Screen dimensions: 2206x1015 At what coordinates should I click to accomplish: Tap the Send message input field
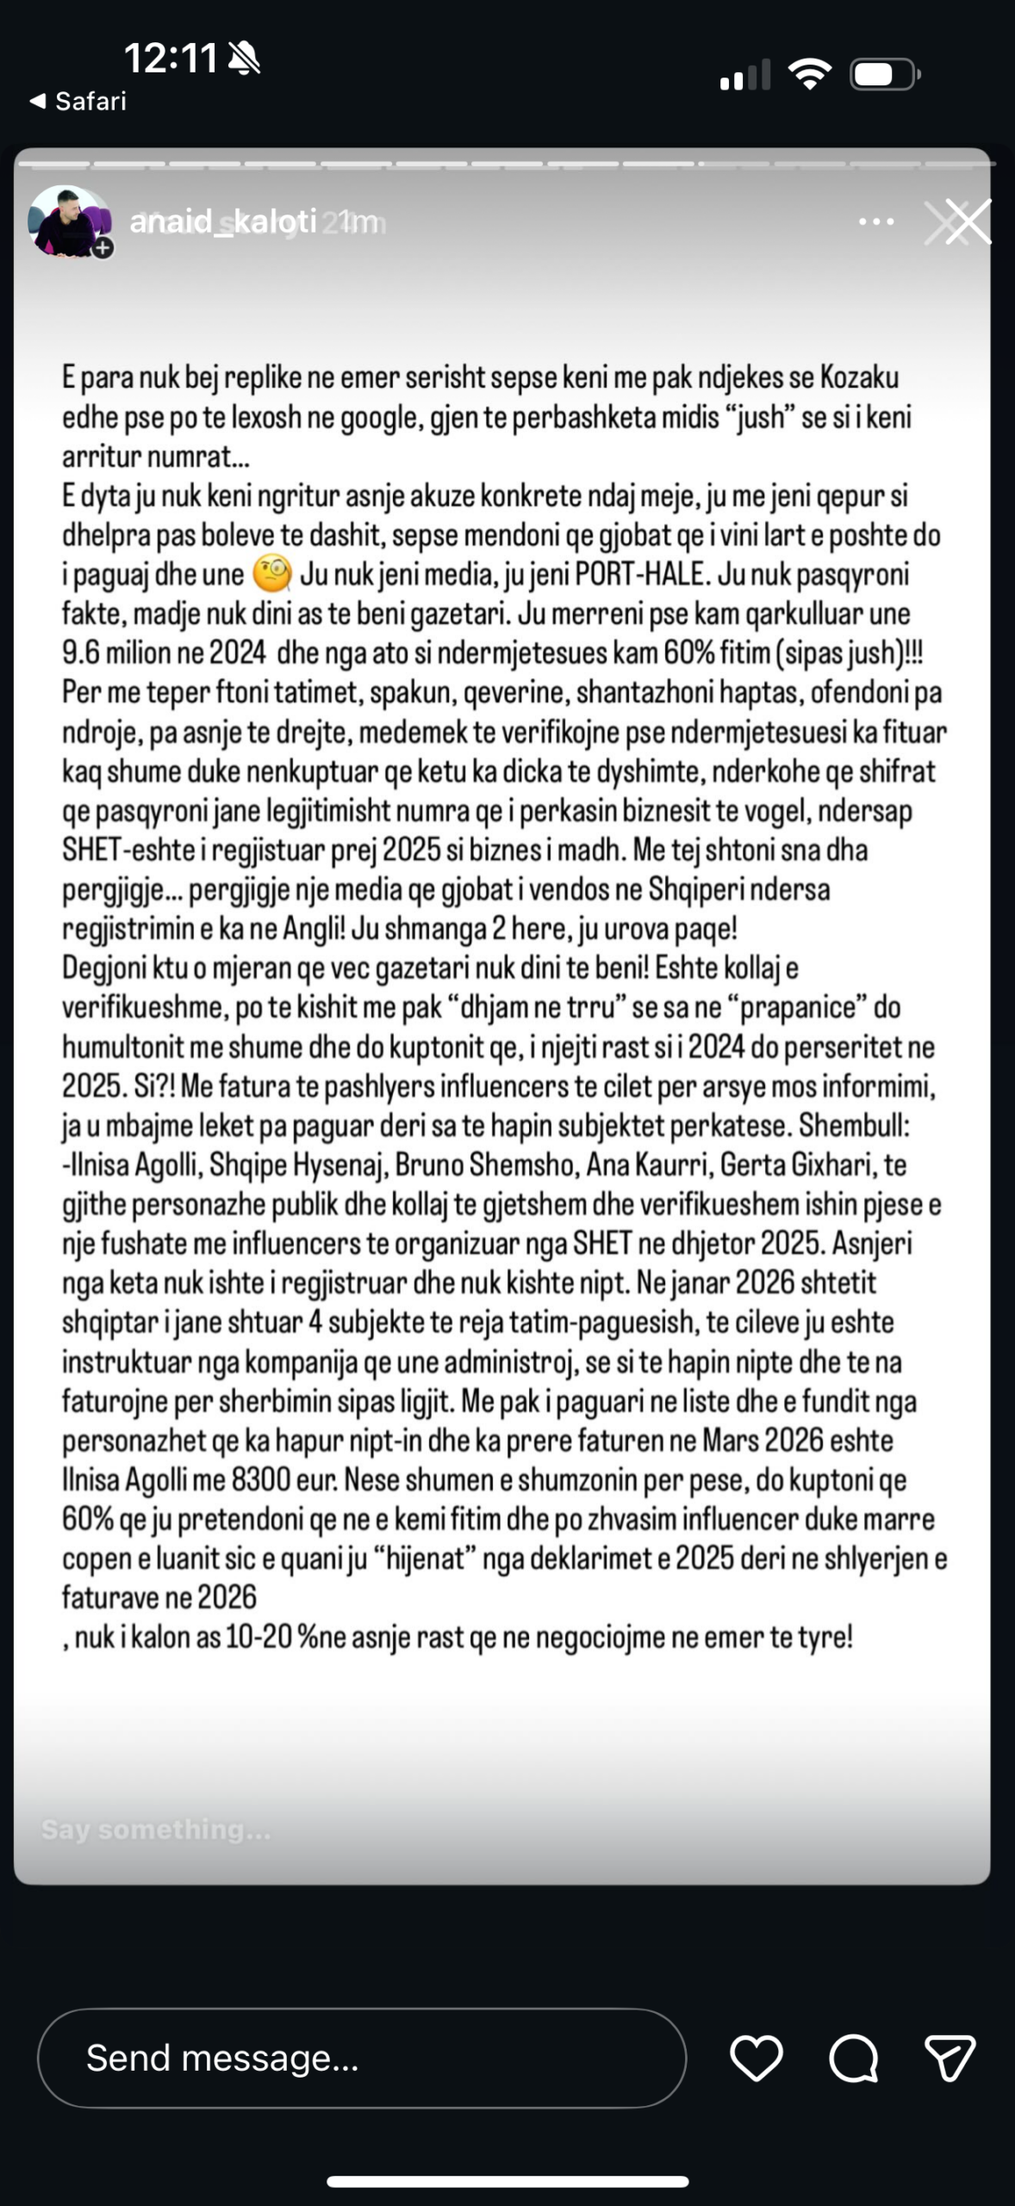(x=362, y=2058)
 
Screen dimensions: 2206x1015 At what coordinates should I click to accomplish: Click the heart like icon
(x=756, y=2058)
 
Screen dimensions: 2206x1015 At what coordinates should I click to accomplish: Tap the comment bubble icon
(x=853, y=2058)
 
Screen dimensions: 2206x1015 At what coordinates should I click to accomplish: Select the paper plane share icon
(x=950, y=2058)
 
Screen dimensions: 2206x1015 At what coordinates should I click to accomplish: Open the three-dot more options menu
(x=876, y=222)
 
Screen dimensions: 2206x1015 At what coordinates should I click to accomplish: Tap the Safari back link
(x=78, y=102)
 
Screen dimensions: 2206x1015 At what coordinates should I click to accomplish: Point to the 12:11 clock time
(x=171, y=59)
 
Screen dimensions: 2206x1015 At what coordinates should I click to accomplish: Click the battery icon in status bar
(x=885, y=75)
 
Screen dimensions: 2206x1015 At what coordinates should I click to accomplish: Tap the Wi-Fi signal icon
(x=810, y=74)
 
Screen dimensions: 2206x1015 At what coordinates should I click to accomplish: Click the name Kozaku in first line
(x=859, y=377)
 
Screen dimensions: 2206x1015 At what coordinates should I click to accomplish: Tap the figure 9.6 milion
(x=116, y=653)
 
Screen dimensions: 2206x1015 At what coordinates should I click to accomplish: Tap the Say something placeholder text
(x=156, y=1829)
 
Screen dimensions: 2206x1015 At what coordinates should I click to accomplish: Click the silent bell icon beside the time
(x=244, y=59)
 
